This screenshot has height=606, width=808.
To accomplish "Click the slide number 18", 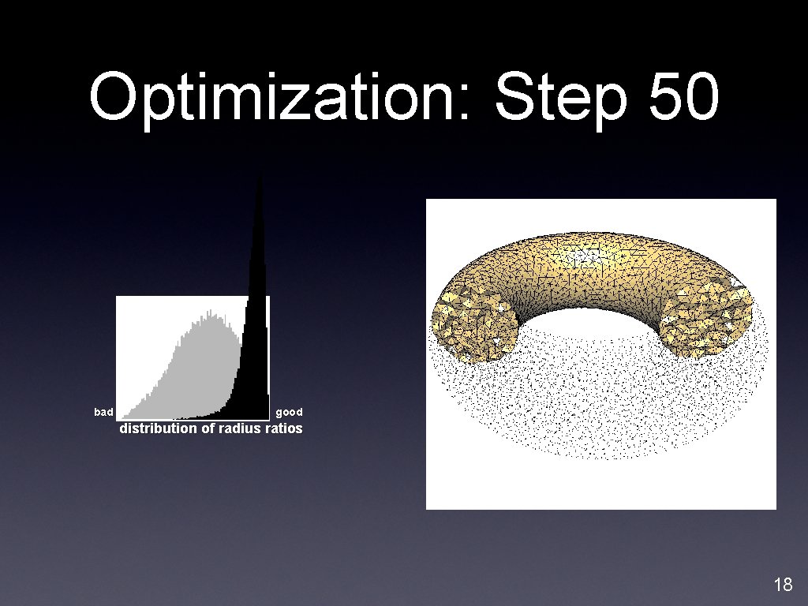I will [783, 585].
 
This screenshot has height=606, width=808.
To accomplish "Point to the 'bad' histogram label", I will [103, 412].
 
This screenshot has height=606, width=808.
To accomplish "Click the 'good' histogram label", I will [289, 412].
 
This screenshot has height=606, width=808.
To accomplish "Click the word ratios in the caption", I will [286, 428].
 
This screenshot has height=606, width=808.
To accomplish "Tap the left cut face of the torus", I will [473, 324].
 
